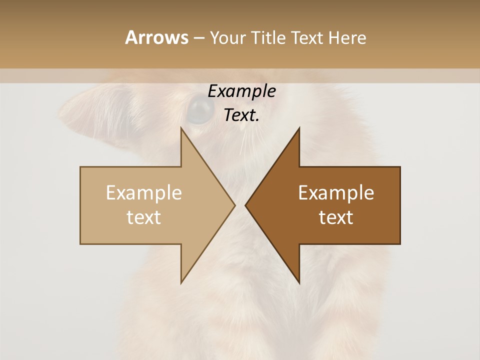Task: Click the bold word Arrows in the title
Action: coord(156,37)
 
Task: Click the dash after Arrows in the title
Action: coord(198,38)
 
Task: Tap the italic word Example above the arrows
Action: coord(241,91)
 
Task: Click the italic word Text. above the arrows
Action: coord(241,115)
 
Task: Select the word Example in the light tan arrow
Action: coord(144,193)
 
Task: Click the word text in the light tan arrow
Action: coord(144,217)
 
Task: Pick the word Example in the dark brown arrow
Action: coord(336,193)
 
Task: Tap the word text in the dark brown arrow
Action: coord(336,217)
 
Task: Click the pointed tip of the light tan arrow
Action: coord(234,205)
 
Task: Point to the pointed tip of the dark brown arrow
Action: coord(245,205)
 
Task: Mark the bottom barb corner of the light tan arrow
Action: coord(181,283)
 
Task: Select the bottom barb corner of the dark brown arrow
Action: coord(299,283)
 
